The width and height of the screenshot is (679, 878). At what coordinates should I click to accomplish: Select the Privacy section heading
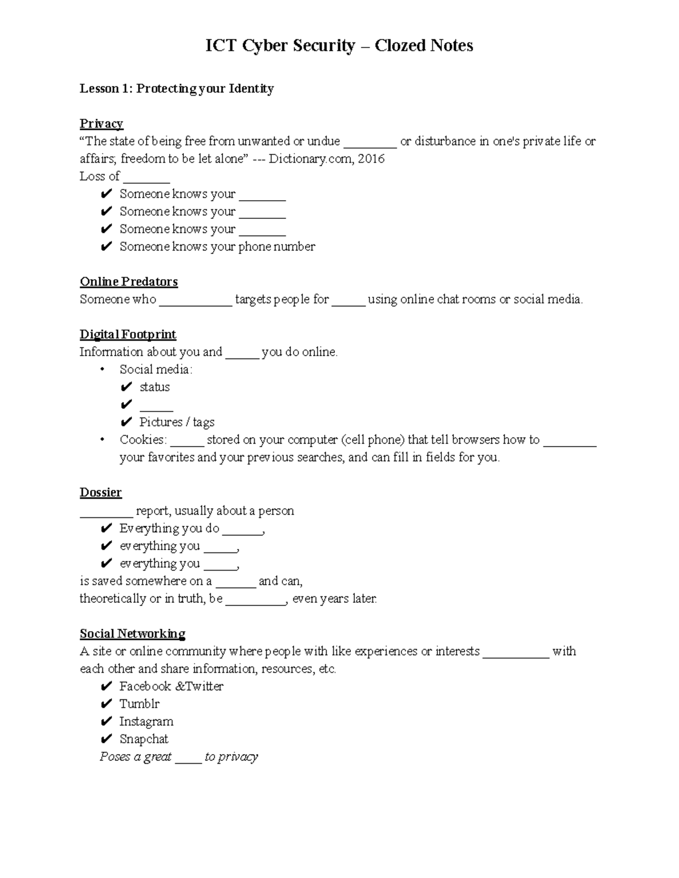pyautogui.click(x=101, y=123)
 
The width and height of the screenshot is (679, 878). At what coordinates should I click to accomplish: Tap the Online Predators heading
pyautogui.click(x=128, y=282)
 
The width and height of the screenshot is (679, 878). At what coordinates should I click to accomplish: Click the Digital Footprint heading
pyautogui.click(x=128, y=334)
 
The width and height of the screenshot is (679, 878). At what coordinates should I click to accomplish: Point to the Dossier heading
pyautogui.click(x=101, y=492)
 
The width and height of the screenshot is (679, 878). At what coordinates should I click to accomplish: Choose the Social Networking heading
pyautogui.click(x=132, y=633)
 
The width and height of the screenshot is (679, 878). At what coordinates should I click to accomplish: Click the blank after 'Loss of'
pyautogui.click(x=147, y=178)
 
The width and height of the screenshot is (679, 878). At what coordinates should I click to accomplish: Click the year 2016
pyautogui.click(x=371, y=159)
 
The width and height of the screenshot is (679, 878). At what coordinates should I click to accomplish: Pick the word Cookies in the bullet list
pyautogui.click(x=143, y=440)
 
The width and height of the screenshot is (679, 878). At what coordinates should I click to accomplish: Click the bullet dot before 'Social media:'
pyautogui.click(x=102, y=370)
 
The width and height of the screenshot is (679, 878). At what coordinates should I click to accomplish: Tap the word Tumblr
pyautogui.click(x=139, y=704)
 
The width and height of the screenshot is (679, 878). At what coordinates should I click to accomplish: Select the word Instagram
pyautogui.click(x=146, y=721)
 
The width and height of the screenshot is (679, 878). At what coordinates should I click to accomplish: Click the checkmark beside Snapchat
pyautogui.click(x=106, y=739)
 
